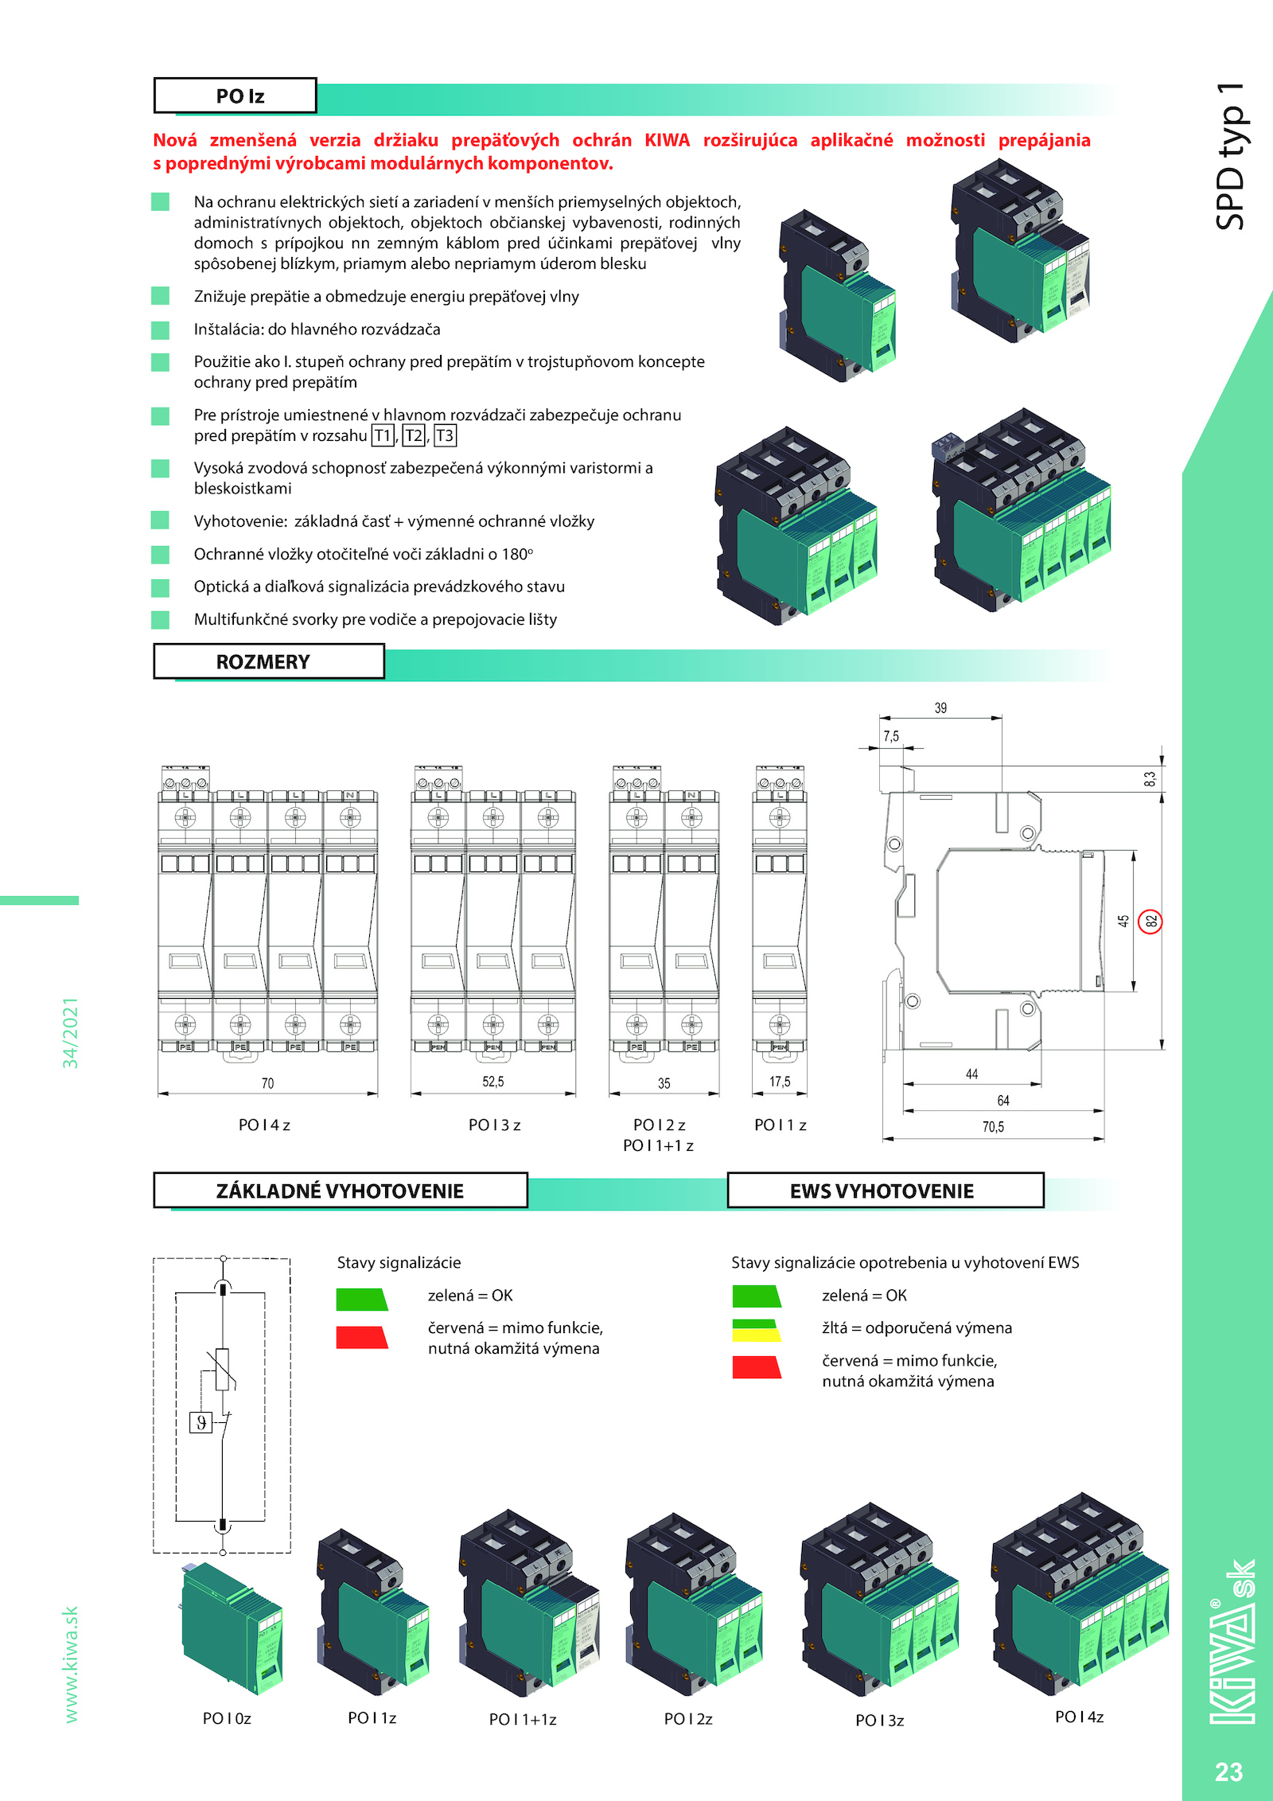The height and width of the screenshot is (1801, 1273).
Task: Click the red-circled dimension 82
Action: [1150, 922]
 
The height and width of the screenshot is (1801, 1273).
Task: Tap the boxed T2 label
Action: [414, 435]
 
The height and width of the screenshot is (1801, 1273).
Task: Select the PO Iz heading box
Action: [236, 96]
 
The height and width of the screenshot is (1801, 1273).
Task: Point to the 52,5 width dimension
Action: [492, 1082]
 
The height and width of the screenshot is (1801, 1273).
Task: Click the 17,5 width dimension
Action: [780, 1082]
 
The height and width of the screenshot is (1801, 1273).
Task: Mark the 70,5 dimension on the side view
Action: [993, 1127]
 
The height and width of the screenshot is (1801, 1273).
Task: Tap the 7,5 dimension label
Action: [891, 737]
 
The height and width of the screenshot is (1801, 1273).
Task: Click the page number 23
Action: [1228, 1772]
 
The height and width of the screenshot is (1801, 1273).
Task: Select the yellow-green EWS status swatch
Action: [756, 1330]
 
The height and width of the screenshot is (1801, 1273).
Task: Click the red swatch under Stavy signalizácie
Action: [362, 1337]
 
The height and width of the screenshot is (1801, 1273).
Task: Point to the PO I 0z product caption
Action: [227, 1718]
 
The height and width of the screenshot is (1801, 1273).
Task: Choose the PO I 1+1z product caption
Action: [523, 1719]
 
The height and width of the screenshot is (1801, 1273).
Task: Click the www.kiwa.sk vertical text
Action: [71, 1664]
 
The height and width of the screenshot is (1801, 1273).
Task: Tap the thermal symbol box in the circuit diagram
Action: [201, 1422]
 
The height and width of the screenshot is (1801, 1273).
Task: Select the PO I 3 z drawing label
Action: [494, 1125]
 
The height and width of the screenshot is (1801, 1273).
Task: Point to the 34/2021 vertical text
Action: [71, 1032]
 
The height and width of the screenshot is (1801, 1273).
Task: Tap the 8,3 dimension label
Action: [1150, 778]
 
